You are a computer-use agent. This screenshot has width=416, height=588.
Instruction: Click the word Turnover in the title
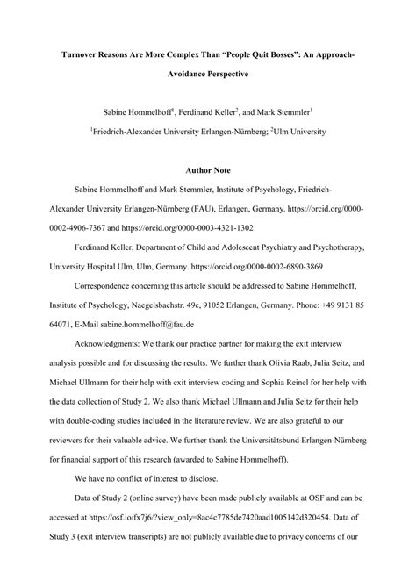pyautogui.click(x=79, y=54)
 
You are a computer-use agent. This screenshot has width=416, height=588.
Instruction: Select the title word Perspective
pyautogui.click(x=227, y=75)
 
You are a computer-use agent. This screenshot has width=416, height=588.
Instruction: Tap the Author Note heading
pyautogui.click(x=208, y=164)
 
